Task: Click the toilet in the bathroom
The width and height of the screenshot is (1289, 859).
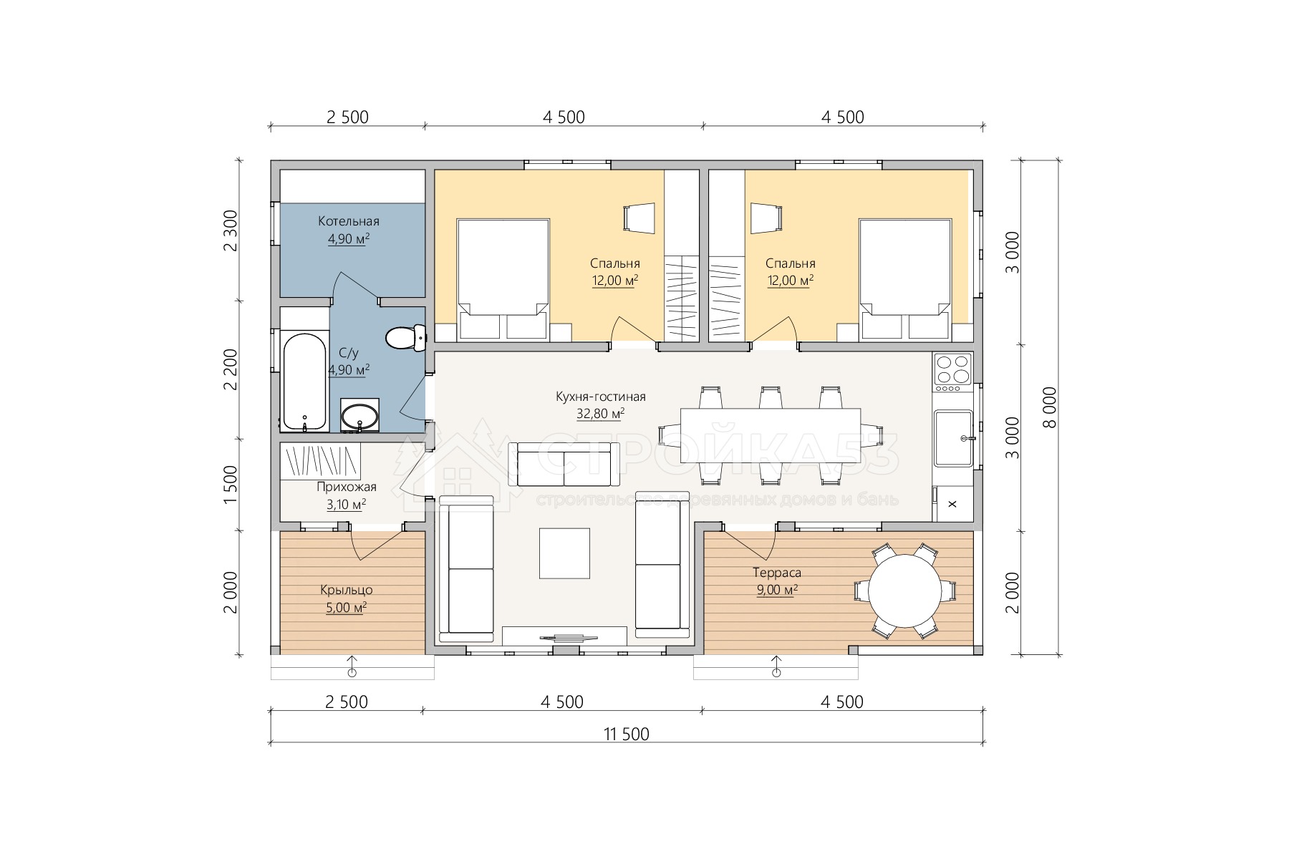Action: click(406, 337)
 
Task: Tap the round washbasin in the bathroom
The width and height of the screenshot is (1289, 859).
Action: click(359, 416)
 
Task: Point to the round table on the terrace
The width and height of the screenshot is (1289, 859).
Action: click(905, 591)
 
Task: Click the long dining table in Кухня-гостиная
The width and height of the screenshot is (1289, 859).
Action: click(770, 436)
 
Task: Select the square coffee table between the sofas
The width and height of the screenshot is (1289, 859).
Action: click(564, 553)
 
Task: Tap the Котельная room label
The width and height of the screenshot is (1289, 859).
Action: click(349, 221)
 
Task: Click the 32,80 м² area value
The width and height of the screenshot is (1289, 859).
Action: click(600, 413)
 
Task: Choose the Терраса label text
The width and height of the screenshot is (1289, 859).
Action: click(776, 573)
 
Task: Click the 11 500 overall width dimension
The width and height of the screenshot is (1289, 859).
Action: click(627, 734)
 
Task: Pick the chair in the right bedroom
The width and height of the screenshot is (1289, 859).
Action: click(766, 218)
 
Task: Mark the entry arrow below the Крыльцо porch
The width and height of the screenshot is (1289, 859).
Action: click(352, 665)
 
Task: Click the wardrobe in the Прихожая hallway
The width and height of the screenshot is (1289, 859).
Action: click(320, 462)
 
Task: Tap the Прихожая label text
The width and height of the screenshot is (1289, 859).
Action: click(347, 487)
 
